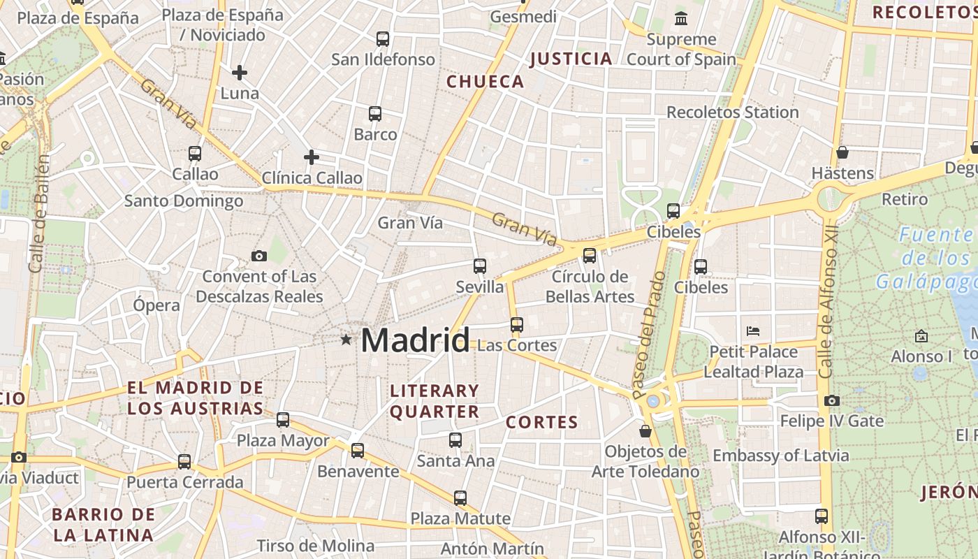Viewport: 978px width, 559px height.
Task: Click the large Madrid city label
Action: click(x=415, y=340)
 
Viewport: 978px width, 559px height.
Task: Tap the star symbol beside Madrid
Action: click(x=346, y=340)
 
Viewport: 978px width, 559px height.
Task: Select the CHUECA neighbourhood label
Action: click(x=485, y=82)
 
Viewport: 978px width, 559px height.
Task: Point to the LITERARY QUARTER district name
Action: click(x=435, y=401)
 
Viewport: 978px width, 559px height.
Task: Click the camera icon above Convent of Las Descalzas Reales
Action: click(x=259, y=256)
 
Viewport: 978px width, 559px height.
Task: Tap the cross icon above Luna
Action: click(x=240, y=73)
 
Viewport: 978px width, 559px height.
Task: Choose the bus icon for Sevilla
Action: click(x=479, y=266)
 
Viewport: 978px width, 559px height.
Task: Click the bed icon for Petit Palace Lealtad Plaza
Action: click(x=752, y=331)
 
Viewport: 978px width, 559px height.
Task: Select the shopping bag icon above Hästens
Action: click(x=842, y=152)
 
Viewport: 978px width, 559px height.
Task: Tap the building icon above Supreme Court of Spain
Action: click(x=680, y=18)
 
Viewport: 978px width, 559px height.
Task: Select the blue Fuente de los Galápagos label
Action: click(x=926, y=258)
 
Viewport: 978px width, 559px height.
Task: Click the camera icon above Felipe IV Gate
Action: click(x=831, y=400)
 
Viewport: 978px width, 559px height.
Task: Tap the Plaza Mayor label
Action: click(x=283, y=441)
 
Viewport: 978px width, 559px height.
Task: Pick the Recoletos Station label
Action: click(x=732, y=112)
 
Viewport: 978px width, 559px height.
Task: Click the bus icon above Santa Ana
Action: click(x=455, y=440)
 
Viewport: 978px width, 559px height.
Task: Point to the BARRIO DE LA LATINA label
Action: click(x=103, y=525)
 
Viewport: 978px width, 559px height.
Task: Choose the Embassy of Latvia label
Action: click(x=780, y=456)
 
